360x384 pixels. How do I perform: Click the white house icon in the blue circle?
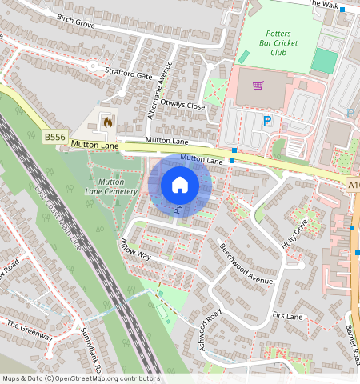point(180,185)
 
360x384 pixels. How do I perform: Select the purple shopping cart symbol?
point(258,86)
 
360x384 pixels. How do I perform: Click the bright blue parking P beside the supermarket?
point(268,121)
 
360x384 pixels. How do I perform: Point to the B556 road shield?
point(54,138)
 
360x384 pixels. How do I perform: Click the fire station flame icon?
point(106,122)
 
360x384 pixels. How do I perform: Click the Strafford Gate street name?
point(128,75)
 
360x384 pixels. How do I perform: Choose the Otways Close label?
point(183,106)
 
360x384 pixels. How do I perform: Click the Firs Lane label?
point(287,317)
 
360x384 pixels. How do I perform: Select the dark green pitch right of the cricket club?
point(324,61)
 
